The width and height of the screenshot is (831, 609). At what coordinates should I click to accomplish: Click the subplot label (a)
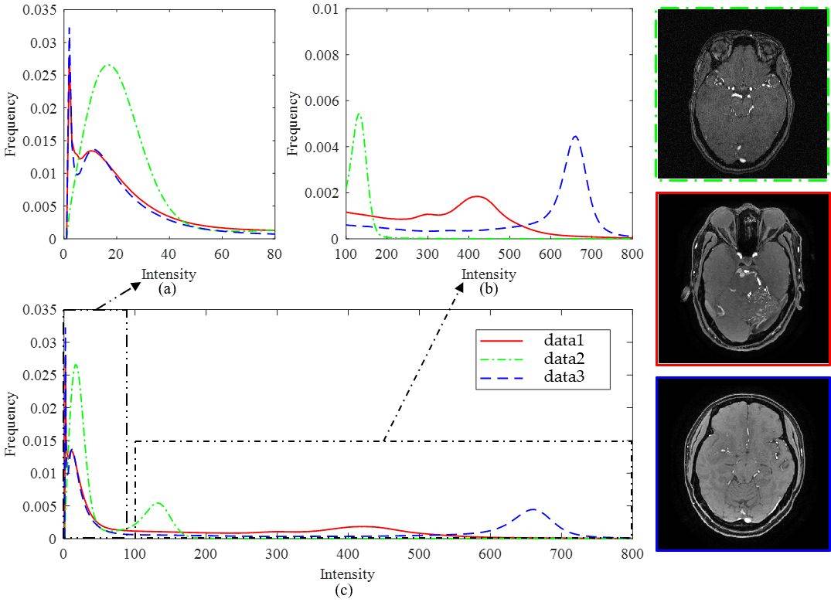168,289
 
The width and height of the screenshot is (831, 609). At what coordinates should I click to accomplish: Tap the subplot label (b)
489,289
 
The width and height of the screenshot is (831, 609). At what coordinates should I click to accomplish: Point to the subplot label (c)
344,591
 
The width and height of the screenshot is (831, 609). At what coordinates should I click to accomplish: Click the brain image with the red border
742,278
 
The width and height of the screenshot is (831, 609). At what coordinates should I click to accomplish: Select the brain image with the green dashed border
742,94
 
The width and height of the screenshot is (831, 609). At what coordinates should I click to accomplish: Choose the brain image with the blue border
742,464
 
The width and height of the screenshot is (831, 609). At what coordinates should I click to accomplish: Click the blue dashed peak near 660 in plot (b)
574,137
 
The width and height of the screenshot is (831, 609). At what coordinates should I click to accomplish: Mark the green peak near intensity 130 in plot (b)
359,114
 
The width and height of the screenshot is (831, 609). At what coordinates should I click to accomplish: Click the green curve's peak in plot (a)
109,65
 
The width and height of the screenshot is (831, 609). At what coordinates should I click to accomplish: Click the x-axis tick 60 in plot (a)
222,253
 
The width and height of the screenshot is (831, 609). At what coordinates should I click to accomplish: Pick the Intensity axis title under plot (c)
347,574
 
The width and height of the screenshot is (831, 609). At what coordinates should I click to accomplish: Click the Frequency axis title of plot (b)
294,124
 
